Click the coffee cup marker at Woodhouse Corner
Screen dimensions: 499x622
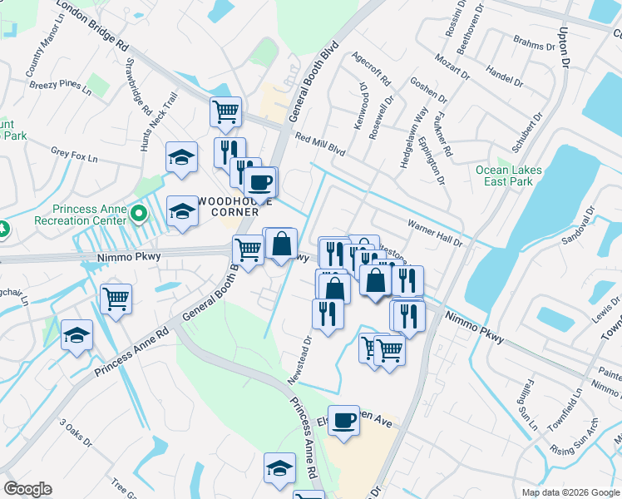click(261, 182)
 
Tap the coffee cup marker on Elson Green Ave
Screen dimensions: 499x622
click(343, 421)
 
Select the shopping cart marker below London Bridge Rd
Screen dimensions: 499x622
click(226, 111)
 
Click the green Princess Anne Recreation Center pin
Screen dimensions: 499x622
click(140, 216)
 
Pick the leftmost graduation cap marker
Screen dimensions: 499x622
click(77, 335)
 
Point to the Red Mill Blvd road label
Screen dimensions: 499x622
click(319, 146)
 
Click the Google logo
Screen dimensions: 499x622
click(27, 489)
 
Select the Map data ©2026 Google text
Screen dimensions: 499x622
click(570, 492)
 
